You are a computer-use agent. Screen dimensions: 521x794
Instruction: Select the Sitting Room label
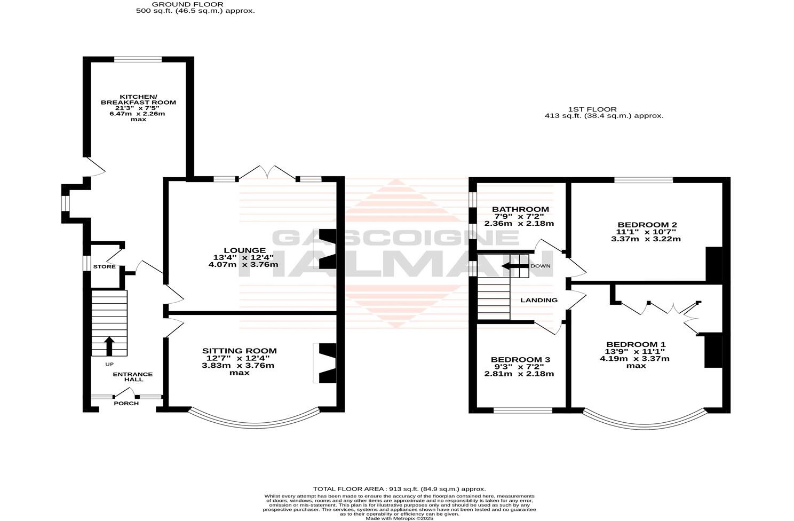(x=239, y=351)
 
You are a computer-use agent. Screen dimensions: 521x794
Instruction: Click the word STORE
(x=105, y=266)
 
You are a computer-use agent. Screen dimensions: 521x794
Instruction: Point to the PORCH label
(x=126, y=404)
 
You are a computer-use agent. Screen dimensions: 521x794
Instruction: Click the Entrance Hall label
(x=132, y=377)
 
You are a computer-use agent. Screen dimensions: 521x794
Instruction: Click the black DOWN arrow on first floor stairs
(x=514, y=266)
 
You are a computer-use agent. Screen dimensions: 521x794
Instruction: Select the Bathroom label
(x=520, y=209)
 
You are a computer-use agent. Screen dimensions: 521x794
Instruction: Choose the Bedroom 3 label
(x=520, y=360)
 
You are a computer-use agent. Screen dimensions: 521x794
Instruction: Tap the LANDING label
(x=539, y=300)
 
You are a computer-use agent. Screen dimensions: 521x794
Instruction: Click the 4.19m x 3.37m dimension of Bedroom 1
(x=634, y=359)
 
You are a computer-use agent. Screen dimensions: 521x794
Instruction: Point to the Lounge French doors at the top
(x=269, y=172)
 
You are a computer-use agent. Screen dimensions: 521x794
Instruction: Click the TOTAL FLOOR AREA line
(x=399, y=488)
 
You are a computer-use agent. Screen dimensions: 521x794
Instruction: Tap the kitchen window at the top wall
(x=138, y=60)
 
